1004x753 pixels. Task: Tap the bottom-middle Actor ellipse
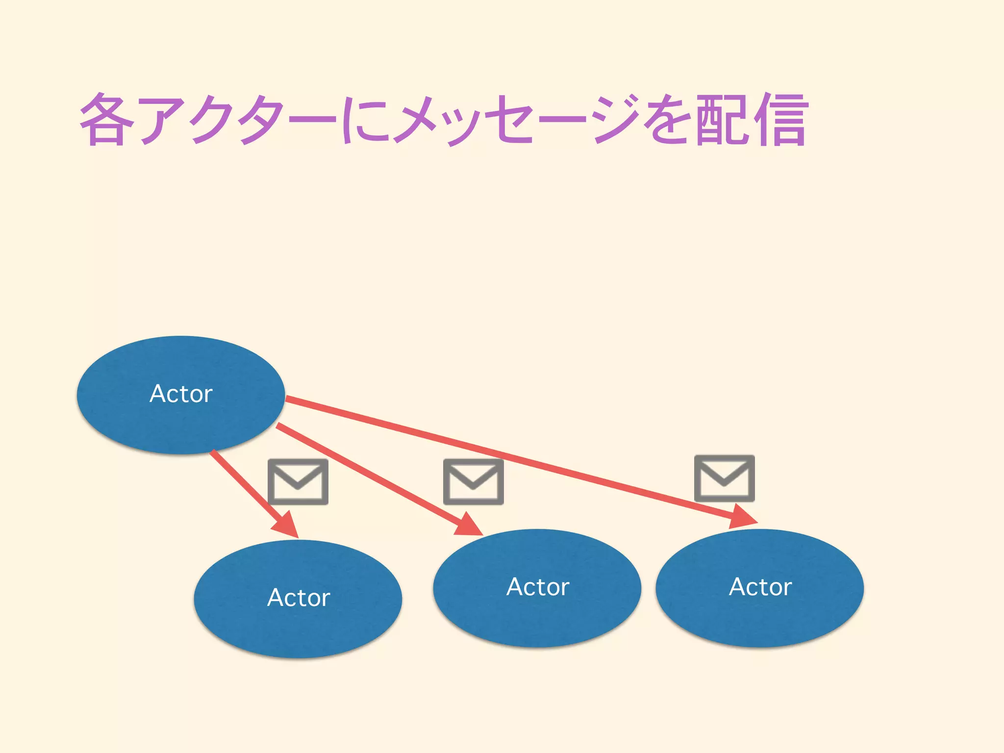pos(537,620)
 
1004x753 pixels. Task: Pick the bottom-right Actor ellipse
pos(760,620)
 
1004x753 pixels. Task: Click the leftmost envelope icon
pos(298,481)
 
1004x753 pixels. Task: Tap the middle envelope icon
pos(474,481)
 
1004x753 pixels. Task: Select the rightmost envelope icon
pos(724,478)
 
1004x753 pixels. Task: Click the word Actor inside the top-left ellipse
pos(181,394)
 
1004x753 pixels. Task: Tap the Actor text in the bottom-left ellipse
pos(299,598)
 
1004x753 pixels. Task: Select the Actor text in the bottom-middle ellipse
pos(538,587)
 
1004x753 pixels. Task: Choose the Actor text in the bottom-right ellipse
pos(760,587)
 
